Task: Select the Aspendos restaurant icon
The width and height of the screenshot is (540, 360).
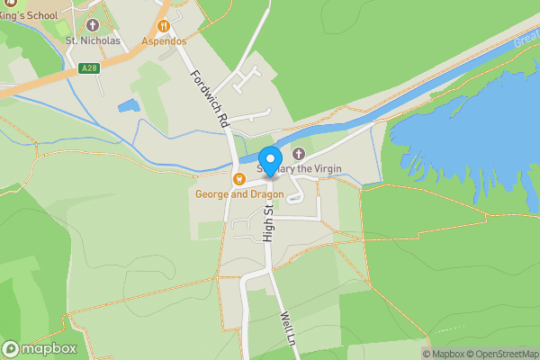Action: [x=163, y=26]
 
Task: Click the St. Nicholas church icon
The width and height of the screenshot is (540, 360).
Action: [x=93, y=24]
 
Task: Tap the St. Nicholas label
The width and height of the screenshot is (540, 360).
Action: [x=93, y=40]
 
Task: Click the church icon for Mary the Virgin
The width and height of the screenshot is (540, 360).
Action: [x=299, y=154]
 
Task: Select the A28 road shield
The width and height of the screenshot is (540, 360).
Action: [x=87, y=67]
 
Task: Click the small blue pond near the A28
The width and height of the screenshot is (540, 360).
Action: [x=129, y=106]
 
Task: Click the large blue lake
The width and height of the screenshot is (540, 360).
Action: [x=468, y=126]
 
